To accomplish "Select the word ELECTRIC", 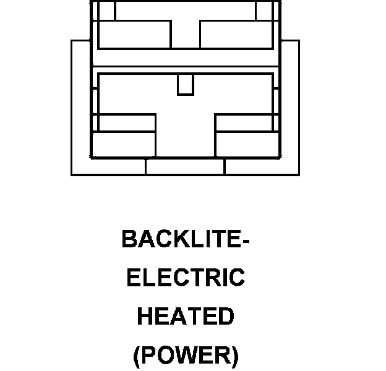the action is (x=186, y=278).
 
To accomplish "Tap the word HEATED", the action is (x=186, y=317).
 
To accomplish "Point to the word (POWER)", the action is (x=186, y=356).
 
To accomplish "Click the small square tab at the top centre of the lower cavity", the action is (x=185, y=85).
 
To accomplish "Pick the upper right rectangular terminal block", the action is (x=236, y=34).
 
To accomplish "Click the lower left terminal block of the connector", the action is (x=124, y=143).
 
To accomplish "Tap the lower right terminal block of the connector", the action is (x=246, y=143).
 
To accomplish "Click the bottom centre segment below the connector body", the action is (x=185, y=166).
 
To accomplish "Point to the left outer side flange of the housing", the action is (x=81, y=105).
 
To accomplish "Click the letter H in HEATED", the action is (x=145, y=317).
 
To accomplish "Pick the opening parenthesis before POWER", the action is (x=137, y=356).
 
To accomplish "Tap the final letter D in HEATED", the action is (x=226, y=317).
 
